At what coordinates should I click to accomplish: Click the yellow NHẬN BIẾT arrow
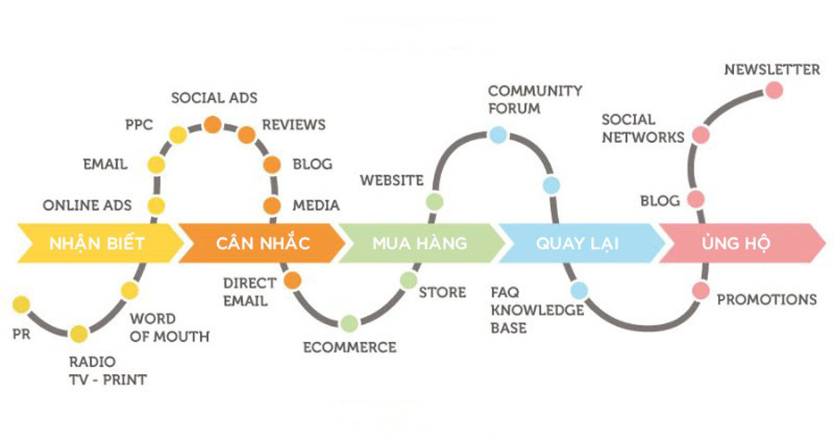click(x=97, y=243)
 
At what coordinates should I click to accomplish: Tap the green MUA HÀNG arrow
click(x=420, y=243)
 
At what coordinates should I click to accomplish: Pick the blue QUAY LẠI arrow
click(x=578, y=243)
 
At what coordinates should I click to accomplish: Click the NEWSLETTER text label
click(x=772, y=69)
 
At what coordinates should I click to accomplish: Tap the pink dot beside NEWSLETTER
click(x=774, y=90)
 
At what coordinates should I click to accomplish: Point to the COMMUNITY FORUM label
click(x=534, y=99)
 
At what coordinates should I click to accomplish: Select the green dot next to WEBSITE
click(x=434, y=202)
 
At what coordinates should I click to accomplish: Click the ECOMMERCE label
click(x=350, y=347)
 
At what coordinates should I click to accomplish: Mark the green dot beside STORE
click(x=409, y=279)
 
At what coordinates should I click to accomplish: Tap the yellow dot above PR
click(x=21, y=304)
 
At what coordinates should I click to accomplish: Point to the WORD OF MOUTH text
click(x=170, y=328)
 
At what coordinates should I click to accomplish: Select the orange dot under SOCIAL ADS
click(x=212, y=125)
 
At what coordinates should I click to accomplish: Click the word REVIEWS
click(x=293, y=125)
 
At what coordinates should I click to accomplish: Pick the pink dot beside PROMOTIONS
click(x=700, y=290)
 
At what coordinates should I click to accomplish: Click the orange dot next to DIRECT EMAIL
click(x=291, y=279)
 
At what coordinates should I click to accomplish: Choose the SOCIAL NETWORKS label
click(x=643, y=129)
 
